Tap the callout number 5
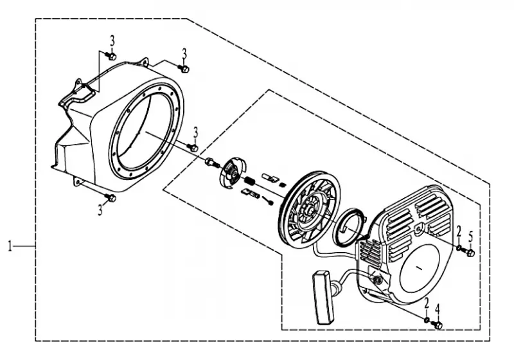pyautogui.click(x=471, y=237)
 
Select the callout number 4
pyautogui.click(x=438, y=310)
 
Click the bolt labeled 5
pyautogui.click(x=469, y=253)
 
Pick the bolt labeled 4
pyautogui.click(x=437, y=325)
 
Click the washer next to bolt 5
pyautogui.click(x=459, y=248)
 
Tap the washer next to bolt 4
pyautogui.click(x=427, y=319)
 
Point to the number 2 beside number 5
pyautogui.click(x=459, y=233)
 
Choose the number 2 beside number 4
pyautogui.click(x=427, y=303)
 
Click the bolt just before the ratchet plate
pyautogui.click(x=212, y=162)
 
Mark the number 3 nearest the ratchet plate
pyautogui.click(x=196, y=134)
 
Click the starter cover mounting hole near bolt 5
pyautogui.click(x=418, y=230)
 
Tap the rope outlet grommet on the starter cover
pyautogui.click(x=377, y=280)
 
